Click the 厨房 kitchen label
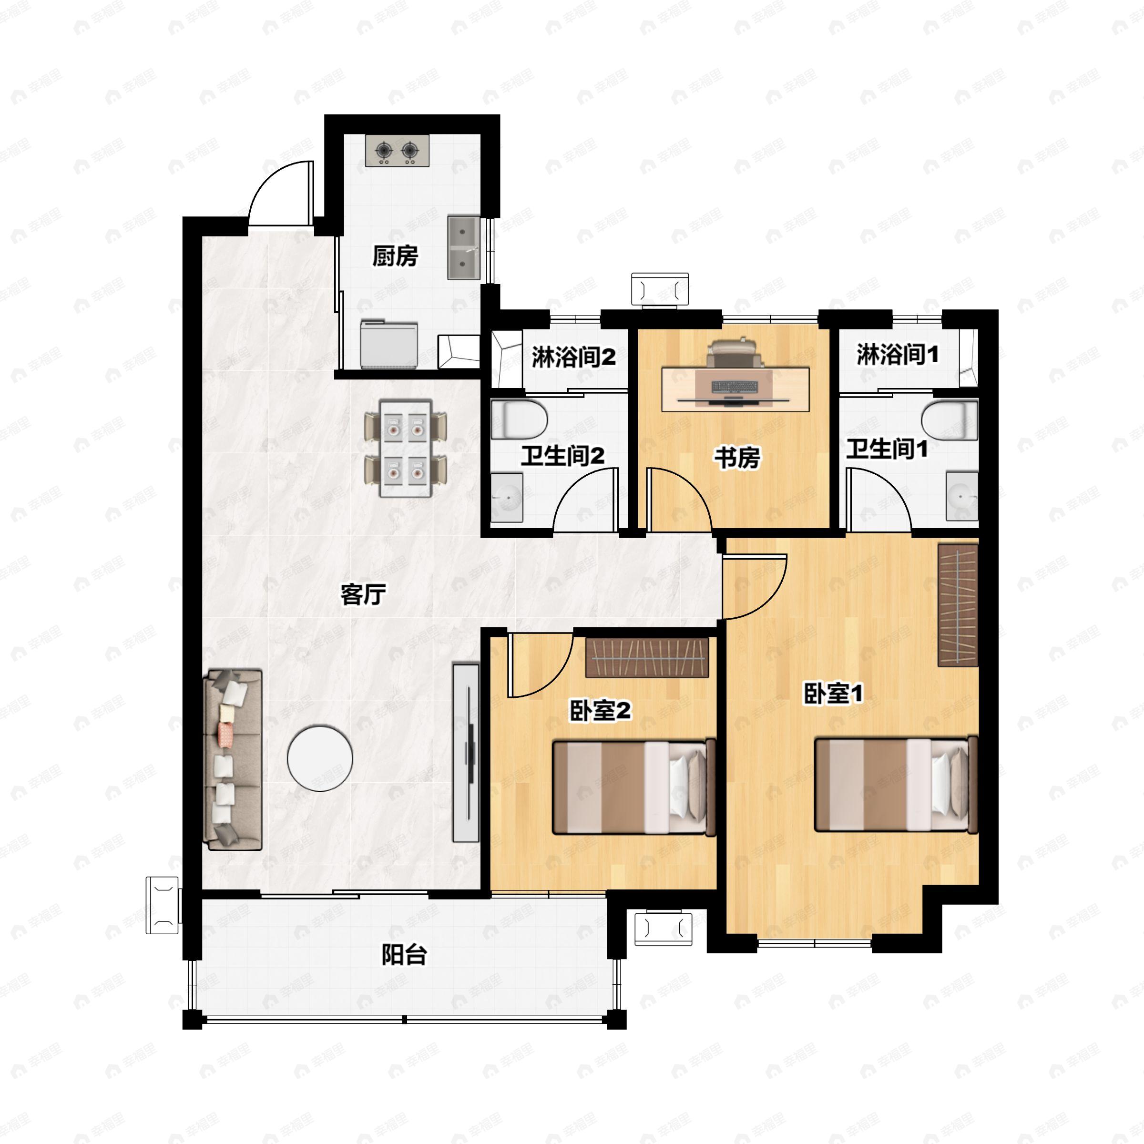(x=395, y=256)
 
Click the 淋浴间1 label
(x=898, y=355)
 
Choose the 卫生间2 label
(x=562, y=456)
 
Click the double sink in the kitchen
(x=464, y=247)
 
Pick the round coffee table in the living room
(x=320, y=758)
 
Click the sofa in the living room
(x=233, y=760)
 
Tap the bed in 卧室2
(x=634, y=787)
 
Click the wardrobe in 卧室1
(x=958, y=604)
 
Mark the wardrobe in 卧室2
(x=647, y=657)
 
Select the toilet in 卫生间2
(x=519, y=419)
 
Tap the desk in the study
(x=735, y=388)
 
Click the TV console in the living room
(x=465, y=753)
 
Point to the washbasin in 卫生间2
(x=507, y=497)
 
